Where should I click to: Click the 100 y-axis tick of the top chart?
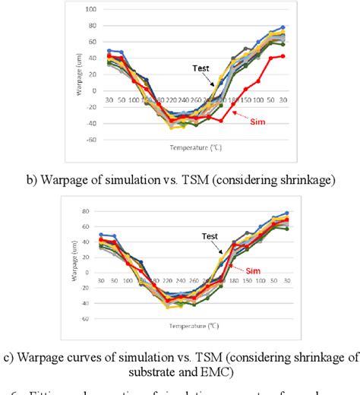coord(92,9)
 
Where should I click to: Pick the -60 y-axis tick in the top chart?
coord(92,139)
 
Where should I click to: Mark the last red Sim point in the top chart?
coord(283,55)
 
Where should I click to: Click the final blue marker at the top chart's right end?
coord(283,27)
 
